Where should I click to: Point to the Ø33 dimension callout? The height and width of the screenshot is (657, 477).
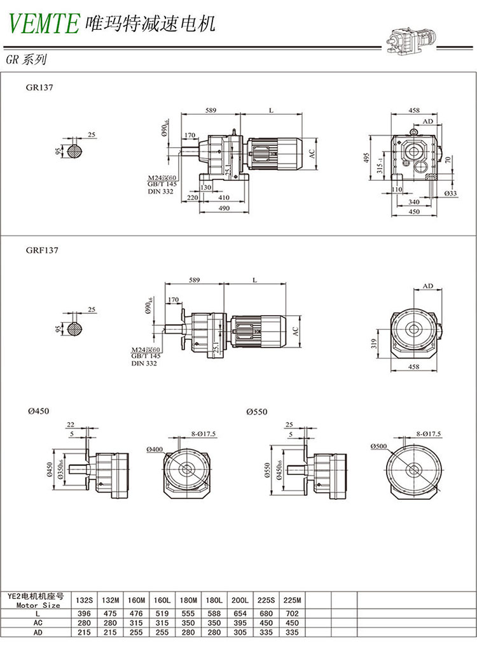[450, 193]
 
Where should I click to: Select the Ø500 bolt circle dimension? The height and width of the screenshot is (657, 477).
[379, 446]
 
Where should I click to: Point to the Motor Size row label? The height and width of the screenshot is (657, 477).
[43, 605]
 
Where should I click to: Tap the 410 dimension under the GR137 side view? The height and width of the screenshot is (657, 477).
[223, 198]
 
